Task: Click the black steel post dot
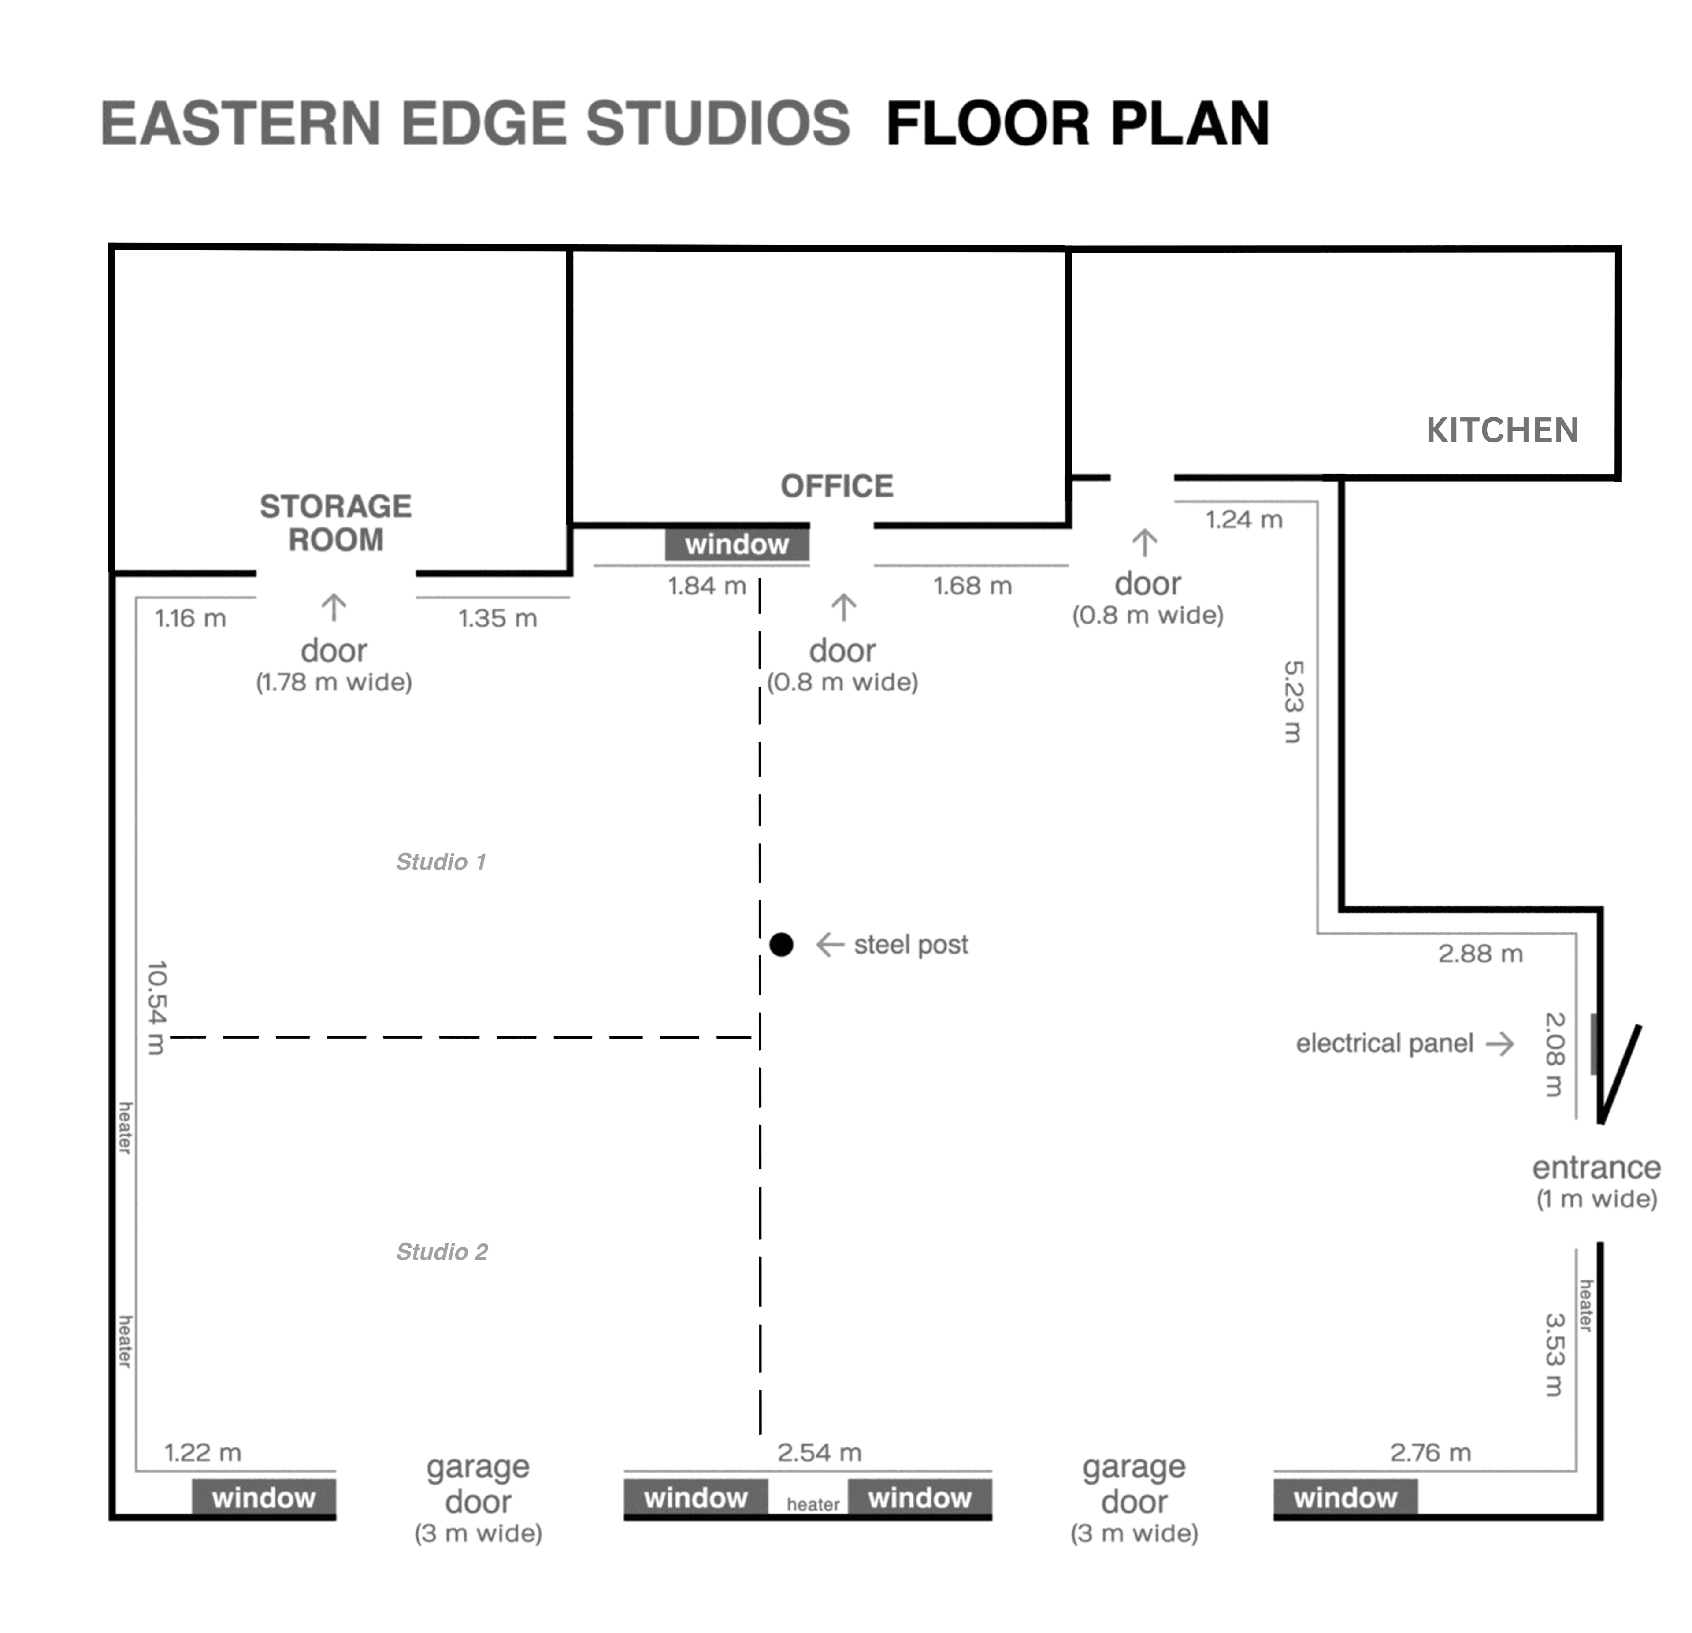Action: [781, 945]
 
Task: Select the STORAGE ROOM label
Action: [336, 522]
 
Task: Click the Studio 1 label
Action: [441, 861]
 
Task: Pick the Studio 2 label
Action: [442, 1251]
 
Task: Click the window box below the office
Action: [737, 544]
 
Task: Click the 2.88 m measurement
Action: [1480, 954]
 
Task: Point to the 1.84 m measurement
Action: [707, 586]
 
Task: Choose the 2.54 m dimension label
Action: [819, 1453]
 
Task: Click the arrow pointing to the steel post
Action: [830, 945]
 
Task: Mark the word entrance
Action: [1596, 1168]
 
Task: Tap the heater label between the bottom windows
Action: [813, 1504]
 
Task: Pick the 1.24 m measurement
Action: [1244, 520]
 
